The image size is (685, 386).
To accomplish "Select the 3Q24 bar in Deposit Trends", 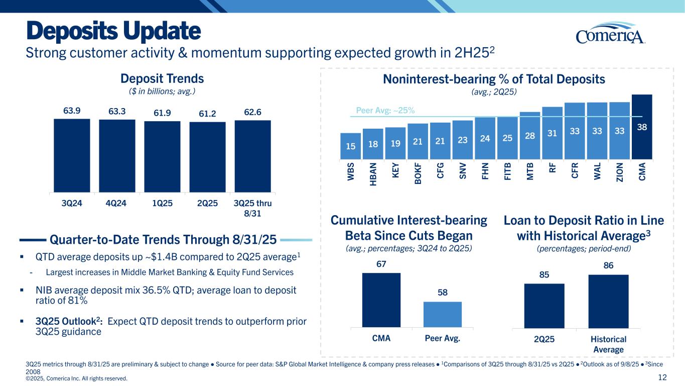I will [72, 155].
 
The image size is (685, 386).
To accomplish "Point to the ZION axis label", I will [619, 173].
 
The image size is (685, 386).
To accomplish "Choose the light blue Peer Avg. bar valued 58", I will [443, 314].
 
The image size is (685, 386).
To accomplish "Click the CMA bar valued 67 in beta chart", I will [381, 300].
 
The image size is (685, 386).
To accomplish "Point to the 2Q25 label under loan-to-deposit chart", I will [544, 339].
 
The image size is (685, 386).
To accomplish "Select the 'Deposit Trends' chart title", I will [162, 79].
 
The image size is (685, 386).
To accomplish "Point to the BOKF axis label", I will [418, 173].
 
